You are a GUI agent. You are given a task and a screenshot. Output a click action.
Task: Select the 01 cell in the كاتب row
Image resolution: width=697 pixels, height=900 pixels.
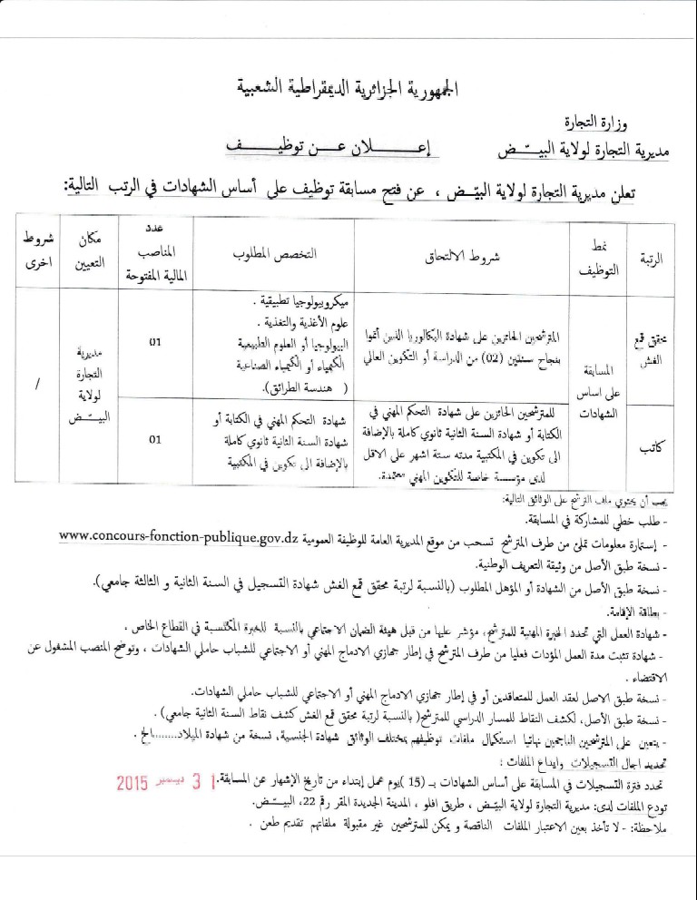tap(155, 440)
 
